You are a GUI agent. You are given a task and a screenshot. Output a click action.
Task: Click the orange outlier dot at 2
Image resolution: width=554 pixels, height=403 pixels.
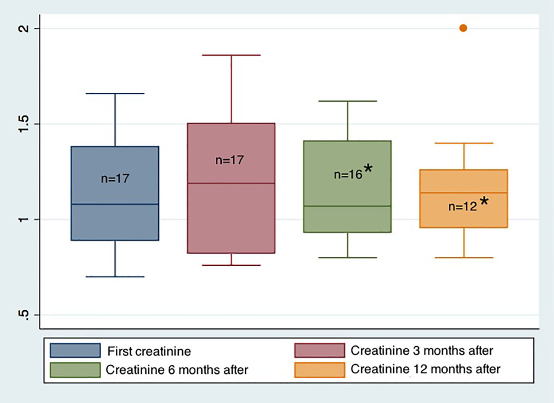pyautogui.click(x=463, y=28)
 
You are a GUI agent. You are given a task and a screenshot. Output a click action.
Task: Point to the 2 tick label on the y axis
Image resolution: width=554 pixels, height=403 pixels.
pyautogui.click(x=24, y=29)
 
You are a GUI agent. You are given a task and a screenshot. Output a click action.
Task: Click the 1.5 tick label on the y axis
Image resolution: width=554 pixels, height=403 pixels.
pyautogui.click(x=24, y=124)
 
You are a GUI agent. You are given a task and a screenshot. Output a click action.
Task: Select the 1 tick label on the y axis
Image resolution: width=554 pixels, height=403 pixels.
pyautogui.click(x=24, y=219)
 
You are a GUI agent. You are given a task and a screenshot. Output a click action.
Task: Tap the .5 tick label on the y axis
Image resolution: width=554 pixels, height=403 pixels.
pyautogui.click(x=24, y=315)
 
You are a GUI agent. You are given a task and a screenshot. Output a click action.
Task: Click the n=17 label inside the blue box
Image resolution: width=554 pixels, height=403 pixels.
pyautogui.click(x=115, y=179)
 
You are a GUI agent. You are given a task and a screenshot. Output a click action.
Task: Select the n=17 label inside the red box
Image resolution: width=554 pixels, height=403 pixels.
pyautogui.click(x=229, y=160)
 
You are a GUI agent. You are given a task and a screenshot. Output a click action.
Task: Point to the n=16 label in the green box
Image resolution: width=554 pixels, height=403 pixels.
pyautogui.click(x=348, y=175)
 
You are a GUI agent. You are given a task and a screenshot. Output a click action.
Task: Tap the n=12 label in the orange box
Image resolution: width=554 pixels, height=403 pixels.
pyautogui.click(x=463, y=207)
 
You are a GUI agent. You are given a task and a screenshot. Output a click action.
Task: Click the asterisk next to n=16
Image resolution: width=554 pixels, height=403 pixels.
pyautogui.click(x=368, y=169)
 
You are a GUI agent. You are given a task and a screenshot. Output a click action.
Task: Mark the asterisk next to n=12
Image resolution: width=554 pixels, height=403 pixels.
pyautogui.click(x=484, y=201)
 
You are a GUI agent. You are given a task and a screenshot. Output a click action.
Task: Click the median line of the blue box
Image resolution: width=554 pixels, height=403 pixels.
pyautogui.click(x=115, y=204)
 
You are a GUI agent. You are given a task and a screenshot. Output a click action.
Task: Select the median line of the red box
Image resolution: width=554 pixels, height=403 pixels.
pyautogui.click(x=231, y=183)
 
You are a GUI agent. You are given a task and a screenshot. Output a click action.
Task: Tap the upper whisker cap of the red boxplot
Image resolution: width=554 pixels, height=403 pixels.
pyautogui.click(x=231, y=55)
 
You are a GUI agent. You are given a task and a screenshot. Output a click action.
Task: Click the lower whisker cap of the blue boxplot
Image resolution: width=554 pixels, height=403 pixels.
pyautogui.click(x=115, y=277)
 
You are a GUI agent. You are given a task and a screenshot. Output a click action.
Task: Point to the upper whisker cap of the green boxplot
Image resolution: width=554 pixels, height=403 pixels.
pyautogui.click(x=348, y=101)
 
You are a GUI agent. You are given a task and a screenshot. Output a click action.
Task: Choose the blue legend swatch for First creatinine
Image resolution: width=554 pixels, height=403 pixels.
pyautogui.click(x=75, y=351)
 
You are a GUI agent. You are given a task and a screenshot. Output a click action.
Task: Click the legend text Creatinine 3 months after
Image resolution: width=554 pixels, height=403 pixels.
pyautogui.click(x=421, y=351)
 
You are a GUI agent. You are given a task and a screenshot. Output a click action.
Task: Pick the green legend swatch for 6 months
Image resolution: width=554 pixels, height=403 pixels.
pyautogui.click(x=75, y=370)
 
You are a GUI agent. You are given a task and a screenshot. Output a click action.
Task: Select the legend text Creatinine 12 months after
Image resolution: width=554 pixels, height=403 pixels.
pyautogui.click(x=425, y=369)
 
